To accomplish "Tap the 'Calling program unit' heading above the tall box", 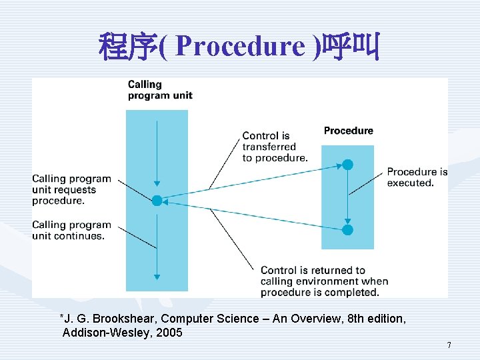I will pos(160,89).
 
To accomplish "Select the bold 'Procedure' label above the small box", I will pos(349,131).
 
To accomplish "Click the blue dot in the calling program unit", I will pos(157,200).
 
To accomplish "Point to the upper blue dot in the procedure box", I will pos(347,165).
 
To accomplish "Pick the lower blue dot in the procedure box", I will pos(347,230).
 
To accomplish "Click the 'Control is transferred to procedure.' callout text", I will pos(275,147).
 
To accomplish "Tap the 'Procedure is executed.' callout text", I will pos(417,177).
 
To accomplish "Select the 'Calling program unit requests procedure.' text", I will pos(71,189).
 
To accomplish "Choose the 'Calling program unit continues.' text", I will pos(71,230).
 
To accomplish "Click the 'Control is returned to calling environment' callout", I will pos(324,281).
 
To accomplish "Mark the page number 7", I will pos(449,345).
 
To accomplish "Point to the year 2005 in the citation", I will pos(169,332).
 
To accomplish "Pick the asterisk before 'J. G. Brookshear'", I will pos(62,317).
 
